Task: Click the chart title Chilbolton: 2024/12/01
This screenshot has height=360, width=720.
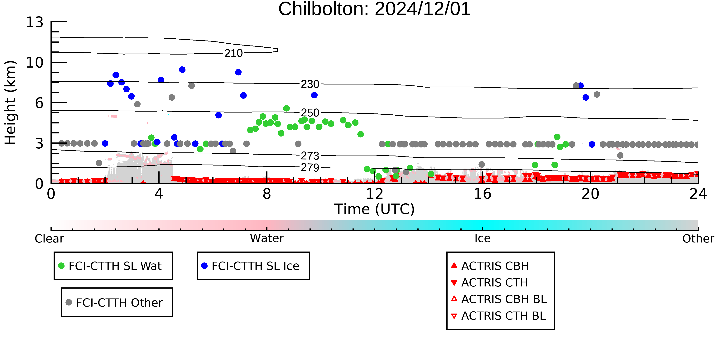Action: click(x=375, y=9)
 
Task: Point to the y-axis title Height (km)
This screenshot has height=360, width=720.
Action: click(x=10, y=103)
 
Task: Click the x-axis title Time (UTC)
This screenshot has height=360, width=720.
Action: click(x=375, y=209)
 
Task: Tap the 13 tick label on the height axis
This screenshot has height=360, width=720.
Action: click(x=35, y=22)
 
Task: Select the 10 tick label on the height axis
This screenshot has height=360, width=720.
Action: click(x=35, y=63)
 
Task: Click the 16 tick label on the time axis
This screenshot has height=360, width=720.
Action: click(x=483, y=194)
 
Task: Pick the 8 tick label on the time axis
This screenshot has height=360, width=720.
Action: click(x=267, y=194)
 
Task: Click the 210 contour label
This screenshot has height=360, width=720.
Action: click(x=234, y=53)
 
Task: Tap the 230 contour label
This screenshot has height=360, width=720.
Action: click(x=310, y=84)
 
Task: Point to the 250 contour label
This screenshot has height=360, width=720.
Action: click(x=310, y=113)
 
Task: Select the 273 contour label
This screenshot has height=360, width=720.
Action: click(x=310, y=156)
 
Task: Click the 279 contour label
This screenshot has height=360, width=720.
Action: click(x=310, y=167)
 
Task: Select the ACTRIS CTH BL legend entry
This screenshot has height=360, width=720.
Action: click(x=499, y=316)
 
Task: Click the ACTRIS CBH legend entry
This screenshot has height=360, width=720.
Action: click(x=490, y=266)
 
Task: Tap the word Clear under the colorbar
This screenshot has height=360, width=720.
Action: click(x=49, y=239)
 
